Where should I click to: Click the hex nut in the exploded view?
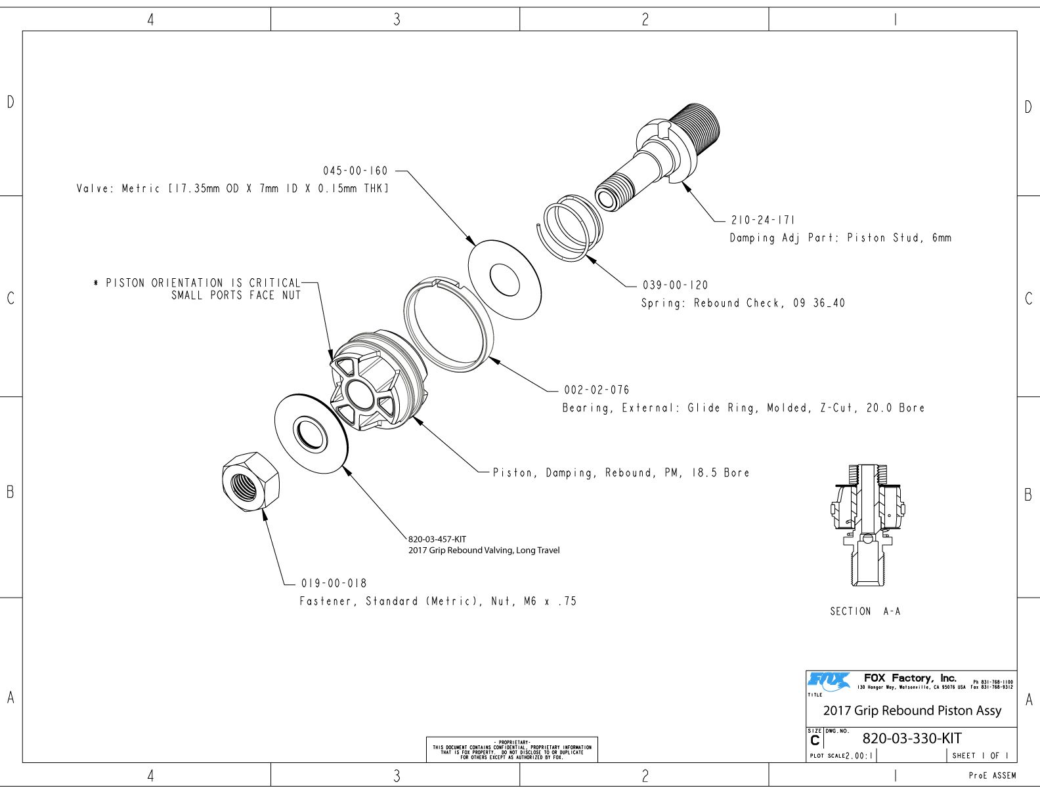click(251, 482)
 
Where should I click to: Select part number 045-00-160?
click(355, 171)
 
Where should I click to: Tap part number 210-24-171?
click(762, 220)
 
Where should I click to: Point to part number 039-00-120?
click(675, 285)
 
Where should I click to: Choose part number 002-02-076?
click(596, 390)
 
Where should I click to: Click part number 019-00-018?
click(334, 583)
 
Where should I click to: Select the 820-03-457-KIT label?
click(437, 539)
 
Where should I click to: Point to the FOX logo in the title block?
click(828, 682)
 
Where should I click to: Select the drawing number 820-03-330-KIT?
click(911, 738)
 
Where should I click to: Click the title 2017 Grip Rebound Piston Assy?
click(912, 710)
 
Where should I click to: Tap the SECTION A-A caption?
click(865, 611)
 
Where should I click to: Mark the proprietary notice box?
click(511, 749)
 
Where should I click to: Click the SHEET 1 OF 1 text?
click(980, 755)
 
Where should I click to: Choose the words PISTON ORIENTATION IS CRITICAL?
click(203, 283)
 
